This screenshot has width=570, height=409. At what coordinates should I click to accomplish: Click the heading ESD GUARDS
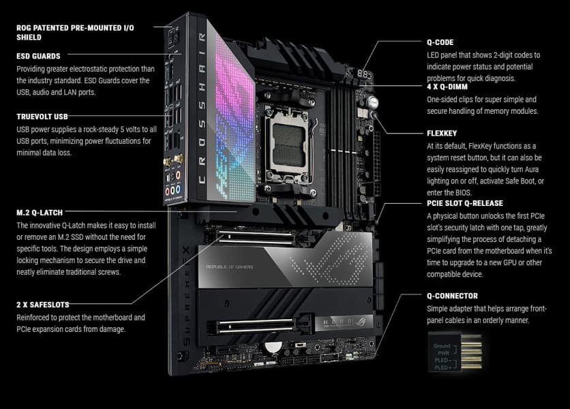tap(38, 56)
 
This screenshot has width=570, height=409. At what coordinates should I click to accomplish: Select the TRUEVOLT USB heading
tap(42, 117)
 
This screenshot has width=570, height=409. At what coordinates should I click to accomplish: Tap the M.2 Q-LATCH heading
tap(40, 213)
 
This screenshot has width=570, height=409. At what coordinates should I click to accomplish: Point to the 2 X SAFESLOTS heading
tap(42, 305)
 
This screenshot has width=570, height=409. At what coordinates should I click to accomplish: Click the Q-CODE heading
tap(440, 42)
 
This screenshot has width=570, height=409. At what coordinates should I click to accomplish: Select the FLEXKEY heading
tap(442, 134)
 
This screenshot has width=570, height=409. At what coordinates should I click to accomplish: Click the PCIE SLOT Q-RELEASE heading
tap(465, 203)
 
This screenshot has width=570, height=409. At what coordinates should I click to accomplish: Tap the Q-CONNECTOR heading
tap(452, 296)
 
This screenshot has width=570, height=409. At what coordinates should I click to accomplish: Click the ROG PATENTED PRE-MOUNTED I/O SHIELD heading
tap(75, 32)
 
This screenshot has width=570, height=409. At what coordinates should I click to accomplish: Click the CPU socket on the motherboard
tap(288, 145)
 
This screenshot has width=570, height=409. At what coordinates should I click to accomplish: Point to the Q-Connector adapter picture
tap(455, 352)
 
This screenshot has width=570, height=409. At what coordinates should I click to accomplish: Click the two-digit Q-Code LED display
tap(363, 74)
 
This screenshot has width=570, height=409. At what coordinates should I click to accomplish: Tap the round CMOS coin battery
tap(272, 347)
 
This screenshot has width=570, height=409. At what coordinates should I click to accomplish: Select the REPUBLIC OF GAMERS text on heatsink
tap(230, 267)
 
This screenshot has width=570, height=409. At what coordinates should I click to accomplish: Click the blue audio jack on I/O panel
tap(178, 190)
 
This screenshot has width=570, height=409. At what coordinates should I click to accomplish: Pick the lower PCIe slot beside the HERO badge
tap(256, 326)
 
